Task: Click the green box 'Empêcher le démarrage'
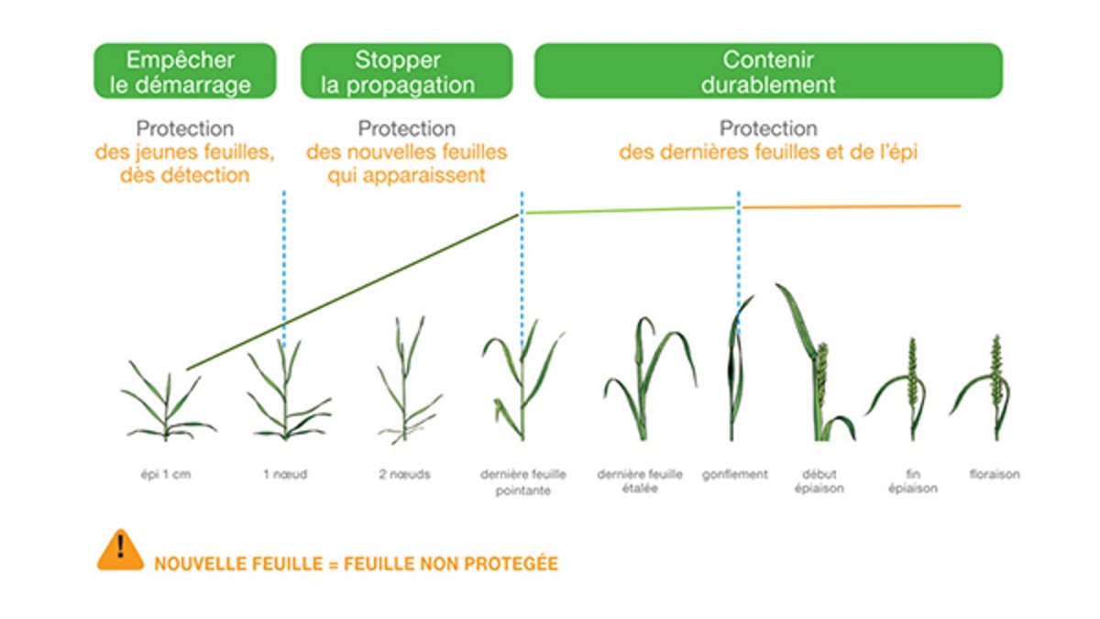[x=184, y=71]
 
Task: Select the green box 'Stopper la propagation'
[x=407, y=71]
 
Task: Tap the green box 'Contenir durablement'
[x=768, y=71]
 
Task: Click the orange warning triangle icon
[x=120, y=550]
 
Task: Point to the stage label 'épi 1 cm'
[x=166, y=475]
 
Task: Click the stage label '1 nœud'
[x=285, y=475]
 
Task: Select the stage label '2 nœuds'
[x=404, y=475]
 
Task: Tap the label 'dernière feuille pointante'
[x=523, y=482]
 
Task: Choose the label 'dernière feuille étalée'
[x=640, y=481]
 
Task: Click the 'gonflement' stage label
[x=734, y=475]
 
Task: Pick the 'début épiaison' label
[x=819, y=481]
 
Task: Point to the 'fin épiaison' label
[x=913, y=481]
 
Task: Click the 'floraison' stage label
[x=995, y=475]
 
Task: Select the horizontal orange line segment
[x=851, y=207]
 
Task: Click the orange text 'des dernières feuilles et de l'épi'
[x=768, y=152]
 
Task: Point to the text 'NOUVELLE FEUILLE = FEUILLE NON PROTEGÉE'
[x=356, y=564]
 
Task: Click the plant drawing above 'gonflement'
[x=738, y=369]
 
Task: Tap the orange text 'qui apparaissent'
[x=407, y=175]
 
